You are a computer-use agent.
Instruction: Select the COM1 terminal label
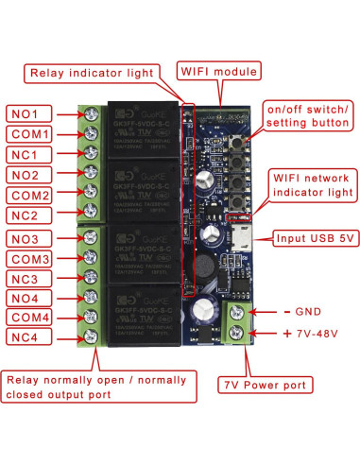(32, 133)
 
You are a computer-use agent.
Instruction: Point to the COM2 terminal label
(32, 196)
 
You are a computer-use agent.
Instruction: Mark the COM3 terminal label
(32, 259)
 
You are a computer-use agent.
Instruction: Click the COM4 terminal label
(32, 318)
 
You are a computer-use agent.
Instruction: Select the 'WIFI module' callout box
(219, 71)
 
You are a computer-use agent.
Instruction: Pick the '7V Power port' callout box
(266, 385)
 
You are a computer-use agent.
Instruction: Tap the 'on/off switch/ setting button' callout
(308, 116)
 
